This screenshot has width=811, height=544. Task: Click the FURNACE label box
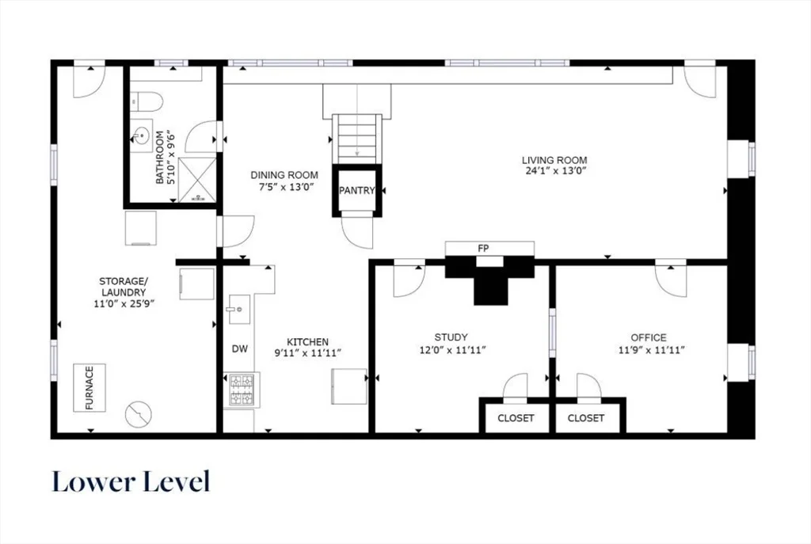coord(89,388)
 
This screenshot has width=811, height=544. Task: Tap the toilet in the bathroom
coord(147,102)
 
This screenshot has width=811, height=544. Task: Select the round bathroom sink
coord(141,137)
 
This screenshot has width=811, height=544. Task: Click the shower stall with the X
coord(197,180)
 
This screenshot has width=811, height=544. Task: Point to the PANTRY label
coord(357,190)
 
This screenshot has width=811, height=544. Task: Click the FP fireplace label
coord(483,249)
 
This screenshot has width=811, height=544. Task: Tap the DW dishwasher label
coord(239,349)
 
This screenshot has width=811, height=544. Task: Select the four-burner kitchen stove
coord(242,390)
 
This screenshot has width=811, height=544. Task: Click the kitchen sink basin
coord(239,310)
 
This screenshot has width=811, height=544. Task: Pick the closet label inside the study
coord(516,418)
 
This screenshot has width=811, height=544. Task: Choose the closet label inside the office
coord(586,418)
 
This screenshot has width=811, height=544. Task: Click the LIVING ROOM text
coord(554,160)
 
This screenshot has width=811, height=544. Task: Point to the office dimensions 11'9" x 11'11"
coord(652,350)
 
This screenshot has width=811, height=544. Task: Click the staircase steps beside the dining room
coord(357,139)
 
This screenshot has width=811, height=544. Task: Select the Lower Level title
coord(131,481)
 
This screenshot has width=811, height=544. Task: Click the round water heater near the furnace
coord(139,414)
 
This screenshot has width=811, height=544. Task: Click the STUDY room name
coord(451,337)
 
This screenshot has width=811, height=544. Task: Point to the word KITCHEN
coord(308,342)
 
